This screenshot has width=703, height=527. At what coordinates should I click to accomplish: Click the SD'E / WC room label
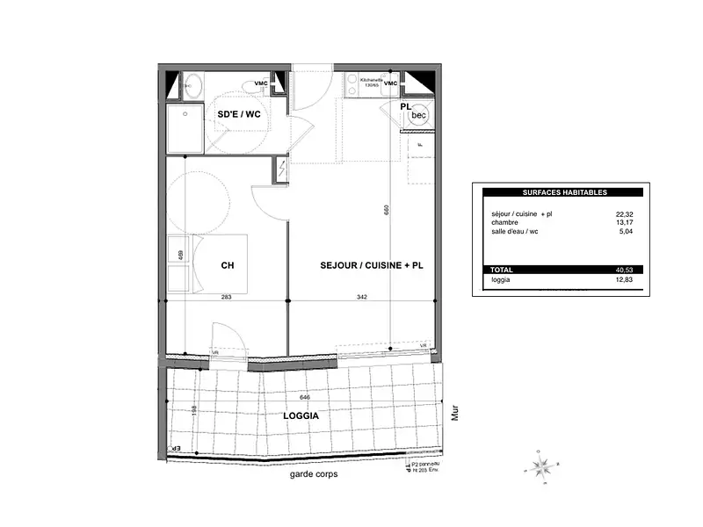click(239, 114)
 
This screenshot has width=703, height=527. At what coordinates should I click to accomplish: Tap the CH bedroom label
click(227, 264)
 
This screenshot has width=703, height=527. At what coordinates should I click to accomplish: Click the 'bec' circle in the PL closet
click(419, 115)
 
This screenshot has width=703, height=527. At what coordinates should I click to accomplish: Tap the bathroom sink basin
click(193, 84)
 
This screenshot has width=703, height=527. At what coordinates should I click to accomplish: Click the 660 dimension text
click(386, 210)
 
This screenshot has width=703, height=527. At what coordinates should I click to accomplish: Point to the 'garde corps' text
click(313, 474)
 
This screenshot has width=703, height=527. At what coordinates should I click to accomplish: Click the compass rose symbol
click(544, 463)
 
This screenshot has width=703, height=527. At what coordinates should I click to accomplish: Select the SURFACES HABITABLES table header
click(564, 191)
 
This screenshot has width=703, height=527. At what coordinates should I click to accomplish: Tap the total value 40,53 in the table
click(626, 270)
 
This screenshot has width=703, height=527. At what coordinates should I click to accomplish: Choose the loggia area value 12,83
click(626, 280)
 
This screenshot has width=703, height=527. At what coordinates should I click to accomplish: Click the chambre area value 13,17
click(626, 222)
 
